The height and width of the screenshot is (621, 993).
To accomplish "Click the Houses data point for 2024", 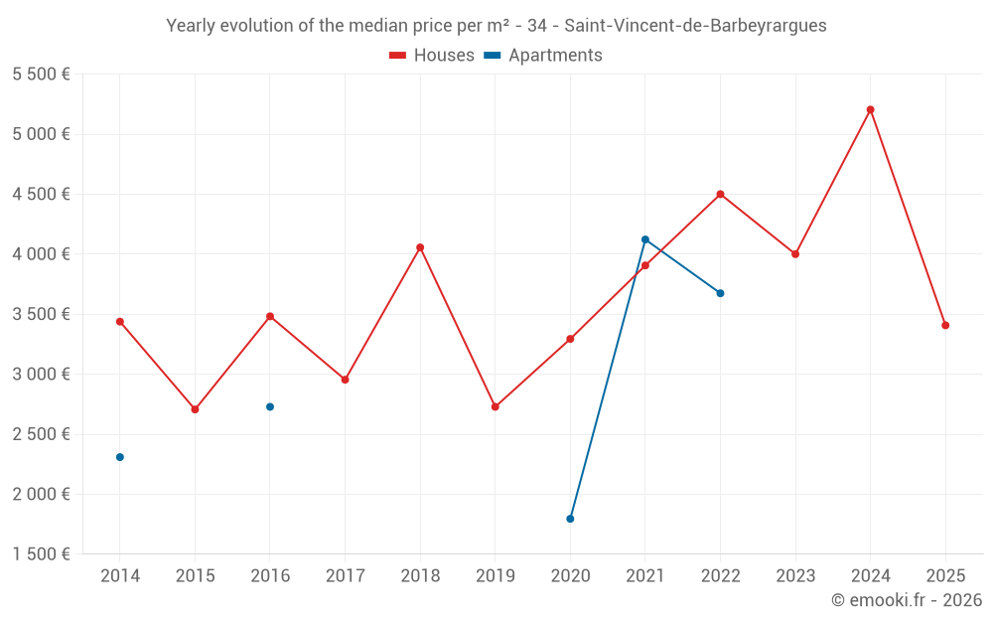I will pyautogui.click(x=870, y=110).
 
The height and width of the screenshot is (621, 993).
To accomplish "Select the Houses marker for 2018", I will pyautogui.click(x=420, y=247).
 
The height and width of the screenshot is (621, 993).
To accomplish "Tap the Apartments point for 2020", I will pyautogui.click(x=570, y=519).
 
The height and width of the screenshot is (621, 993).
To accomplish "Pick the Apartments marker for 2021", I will pyautogui.click(x=645, y=239).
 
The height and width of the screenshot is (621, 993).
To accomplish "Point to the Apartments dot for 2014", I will pyautogui.click(x=120, y=457).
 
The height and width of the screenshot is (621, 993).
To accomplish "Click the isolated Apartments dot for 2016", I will pyautogui.click(x=270, y=406).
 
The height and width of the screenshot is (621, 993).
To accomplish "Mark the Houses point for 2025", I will pyautogui.click(x=945, y=325).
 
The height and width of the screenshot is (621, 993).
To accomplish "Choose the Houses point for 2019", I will pyautogui.click(x=496, y=406).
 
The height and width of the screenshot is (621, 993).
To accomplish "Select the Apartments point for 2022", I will pyautogui.click(x=720, y=293).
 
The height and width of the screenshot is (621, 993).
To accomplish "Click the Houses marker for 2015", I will pyautogui.click(x=195, y=409).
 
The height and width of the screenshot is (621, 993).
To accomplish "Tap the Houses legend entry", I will pyautogui.click(x=432, y=56).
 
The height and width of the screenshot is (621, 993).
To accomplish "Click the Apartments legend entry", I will pyautogui.click(x=543, y=56).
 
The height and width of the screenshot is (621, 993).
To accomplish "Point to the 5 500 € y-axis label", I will pyautogui.click(x=41, y=75).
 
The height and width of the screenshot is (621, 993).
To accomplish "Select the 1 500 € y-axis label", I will pyautogui.click(x=41, y=554).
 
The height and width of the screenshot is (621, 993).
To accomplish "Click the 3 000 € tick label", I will pyautogui.click(x=41, y=375).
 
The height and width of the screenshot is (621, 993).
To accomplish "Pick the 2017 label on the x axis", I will pyautogui.click(x=345, y=575).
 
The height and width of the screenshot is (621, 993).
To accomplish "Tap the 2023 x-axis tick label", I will pyautogui.click(x=795, y=575).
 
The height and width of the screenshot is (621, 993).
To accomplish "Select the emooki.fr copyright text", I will pyautogui.click(x=907, y=600).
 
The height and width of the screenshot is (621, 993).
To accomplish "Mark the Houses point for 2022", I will pyautogui.click(x=720, y=194).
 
